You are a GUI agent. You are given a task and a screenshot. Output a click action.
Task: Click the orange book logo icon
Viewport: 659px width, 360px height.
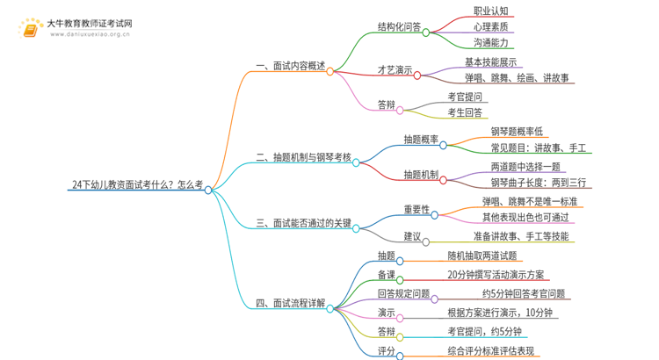[x=30, y=29]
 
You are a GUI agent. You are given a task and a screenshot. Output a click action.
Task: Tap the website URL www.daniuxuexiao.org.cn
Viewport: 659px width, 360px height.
[x=90, y=34]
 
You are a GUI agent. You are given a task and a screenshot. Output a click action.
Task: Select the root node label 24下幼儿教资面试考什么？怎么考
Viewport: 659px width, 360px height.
[x=137, y=184]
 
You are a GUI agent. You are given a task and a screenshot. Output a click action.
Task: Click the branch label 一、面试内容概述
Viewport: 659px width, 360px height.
[x=291, y=66]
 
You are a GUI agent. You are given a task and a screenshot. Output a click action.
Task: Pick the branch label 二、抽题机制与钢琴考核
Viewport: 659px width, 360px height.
[x=303, y=157]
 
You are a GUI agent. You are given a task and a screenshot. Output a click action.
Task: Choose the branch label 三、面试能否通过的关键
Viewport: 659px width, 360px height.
[x=303, y=223]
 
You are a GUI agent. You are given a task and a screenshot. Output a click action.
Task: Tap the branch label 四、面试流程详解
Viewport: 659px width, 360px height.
[x=291, y=303]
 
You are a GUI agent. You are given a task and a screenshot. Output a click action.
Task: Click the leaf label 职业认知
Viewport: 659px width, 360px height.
[x=491, y=11]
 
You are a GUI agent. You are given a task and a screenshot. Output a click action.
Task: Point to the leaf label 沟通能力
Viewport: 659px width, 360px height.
[x=491, y=42]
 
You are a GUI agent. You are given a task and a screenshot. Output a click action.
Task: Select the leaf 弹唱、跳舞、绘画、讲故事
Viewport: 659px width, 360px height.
[x=517, y=78]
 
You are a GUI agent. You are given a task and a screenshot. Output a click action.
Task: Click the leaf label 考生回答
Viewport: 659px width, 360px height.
[x=465, y=112]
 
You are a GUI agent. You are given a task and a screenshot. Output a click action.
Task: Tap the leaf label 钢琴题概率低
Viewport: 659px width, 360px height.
[x=517, y=132]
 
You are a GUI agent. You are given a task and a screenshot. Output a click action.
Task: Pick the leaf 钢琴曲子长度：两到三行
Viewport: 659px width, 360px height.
[x=539, y=183]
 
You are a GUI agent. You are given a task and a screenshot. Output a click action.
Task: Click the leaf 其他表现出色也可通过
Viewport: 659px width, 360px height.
[x=525, y=217]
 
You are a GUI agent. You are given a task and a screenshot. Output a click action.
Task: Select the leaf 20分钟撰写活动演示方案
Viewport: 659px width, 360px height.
[x=496, y=275]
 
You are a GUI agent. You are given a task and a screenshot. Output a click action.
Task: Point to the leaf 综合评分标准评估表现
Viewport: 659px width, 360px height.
[x=491, y=350]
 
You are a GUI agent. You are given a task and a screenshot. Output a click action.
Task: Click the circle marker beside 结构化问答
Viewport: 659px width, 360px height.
[x=426, y=32]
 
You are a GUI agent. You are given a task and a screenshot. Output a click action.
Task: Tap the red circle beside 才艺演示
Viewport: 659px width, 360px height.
[x=416, y=76]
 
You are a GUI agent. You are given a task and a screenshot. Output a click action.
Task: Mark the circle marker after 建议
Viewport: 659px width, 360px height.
[x=426, y=242]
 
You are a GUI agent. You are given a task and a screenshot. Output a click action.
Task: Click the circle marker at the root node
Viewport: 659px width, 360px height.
[x=208, y=191]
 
